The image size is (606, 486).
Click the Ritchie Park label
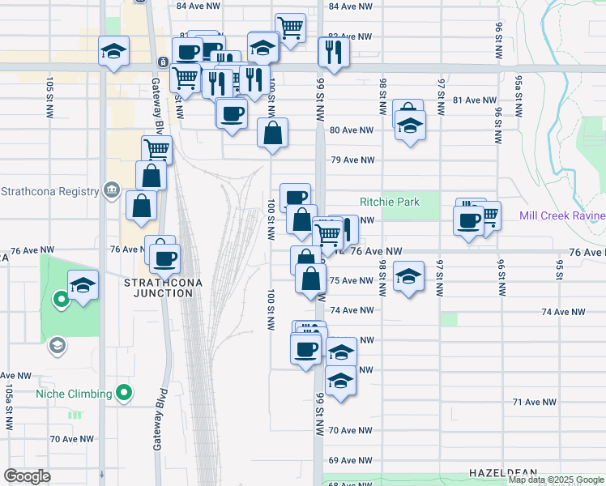390,202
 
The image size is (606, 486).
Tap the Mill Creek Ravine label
562,215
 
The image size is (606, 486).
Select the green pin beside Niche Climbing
123,394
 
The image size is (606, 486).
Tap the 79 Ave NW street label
351,160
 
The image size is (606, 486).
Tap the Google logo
28,476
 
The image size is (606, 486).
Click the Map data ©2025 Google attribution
555,480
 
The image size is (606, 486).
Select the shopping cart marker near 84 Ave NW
290,28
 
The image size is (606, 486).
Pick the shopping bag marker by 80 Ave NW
274,132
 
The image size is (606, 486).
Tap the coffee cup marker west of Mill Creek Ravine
467,220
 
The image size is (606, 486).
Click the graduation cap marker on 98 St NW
409,275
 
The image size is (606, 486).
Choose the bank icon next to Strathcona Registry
112,191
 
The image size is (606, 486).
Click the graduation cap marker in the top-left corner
113,51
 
